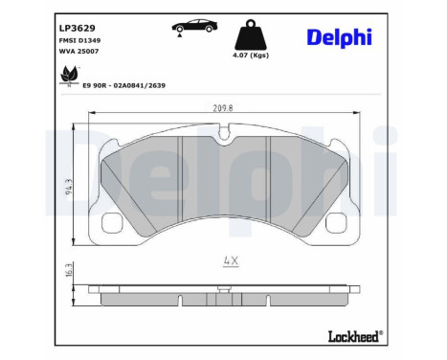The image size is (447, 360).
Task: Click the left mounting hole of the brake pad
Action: coord(112,225)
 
